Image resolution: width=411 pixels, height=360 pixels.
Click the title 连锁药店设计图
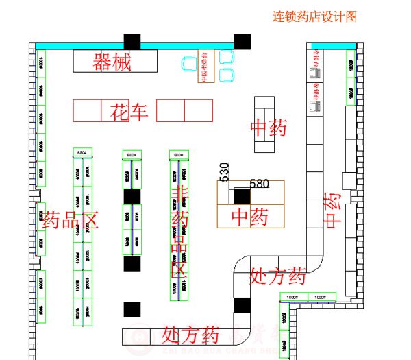[x=314, y=16]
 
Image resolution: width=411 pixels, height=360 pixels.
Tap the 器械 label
[x=112, y=62]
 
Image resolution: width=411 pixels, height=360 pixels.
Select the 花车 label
[x=129, y=111]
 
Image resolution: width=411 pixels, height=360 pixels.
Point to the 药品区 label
[x=71, y=220]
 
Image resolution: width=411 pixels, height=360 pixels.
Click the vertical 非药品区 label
[x=180, y=230]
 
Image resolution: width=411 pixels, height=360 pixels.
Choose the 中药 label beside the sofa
[x=268, y=128]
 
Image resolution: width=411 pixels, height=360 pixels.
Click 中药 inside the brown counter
[x=249, y=217]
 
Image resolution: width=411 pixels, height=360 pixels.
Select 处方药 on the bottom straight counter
[x=190, y=335]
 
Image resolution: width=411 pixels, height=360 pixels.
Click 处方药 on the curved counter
[x=277, y=276]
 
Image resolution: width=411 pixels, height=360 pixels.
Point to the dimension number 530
[x=224, y=171]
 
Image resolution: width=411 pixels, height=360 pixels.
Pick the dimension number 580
[x=260, y=183]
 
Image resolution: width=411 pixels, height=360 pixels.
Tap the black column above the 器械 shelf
[x=132, y=41]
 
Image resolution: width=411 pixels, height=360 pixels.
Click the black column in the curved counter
[x=242, y=306]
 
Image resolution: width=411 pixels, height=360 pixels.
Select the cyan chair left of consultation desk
[x=189, y=64]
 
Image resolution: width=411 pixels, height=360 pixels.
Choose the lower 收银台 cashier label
[x=316, y=96]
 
